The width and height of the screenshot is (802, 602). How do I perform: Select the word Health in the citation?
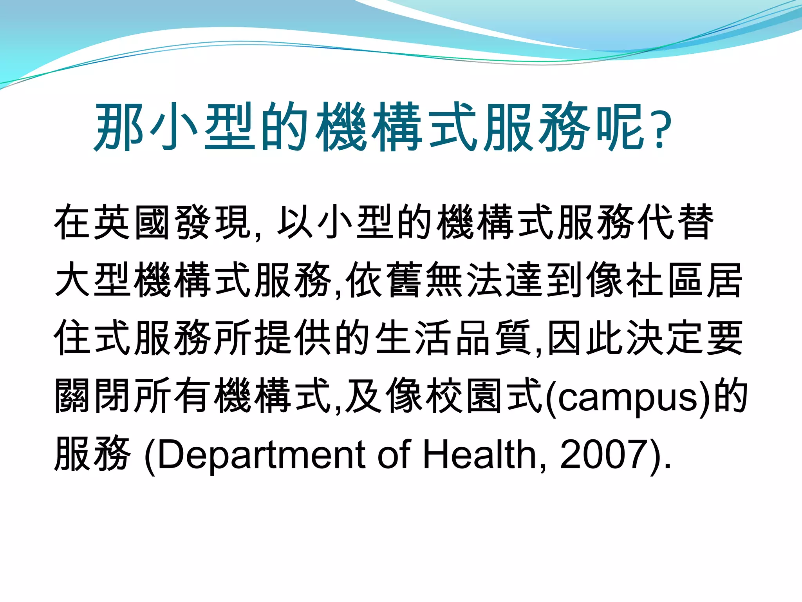(x=480, y=455)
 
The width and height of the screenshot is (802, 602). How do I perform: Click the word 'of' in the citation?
(x=394, y=455)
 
